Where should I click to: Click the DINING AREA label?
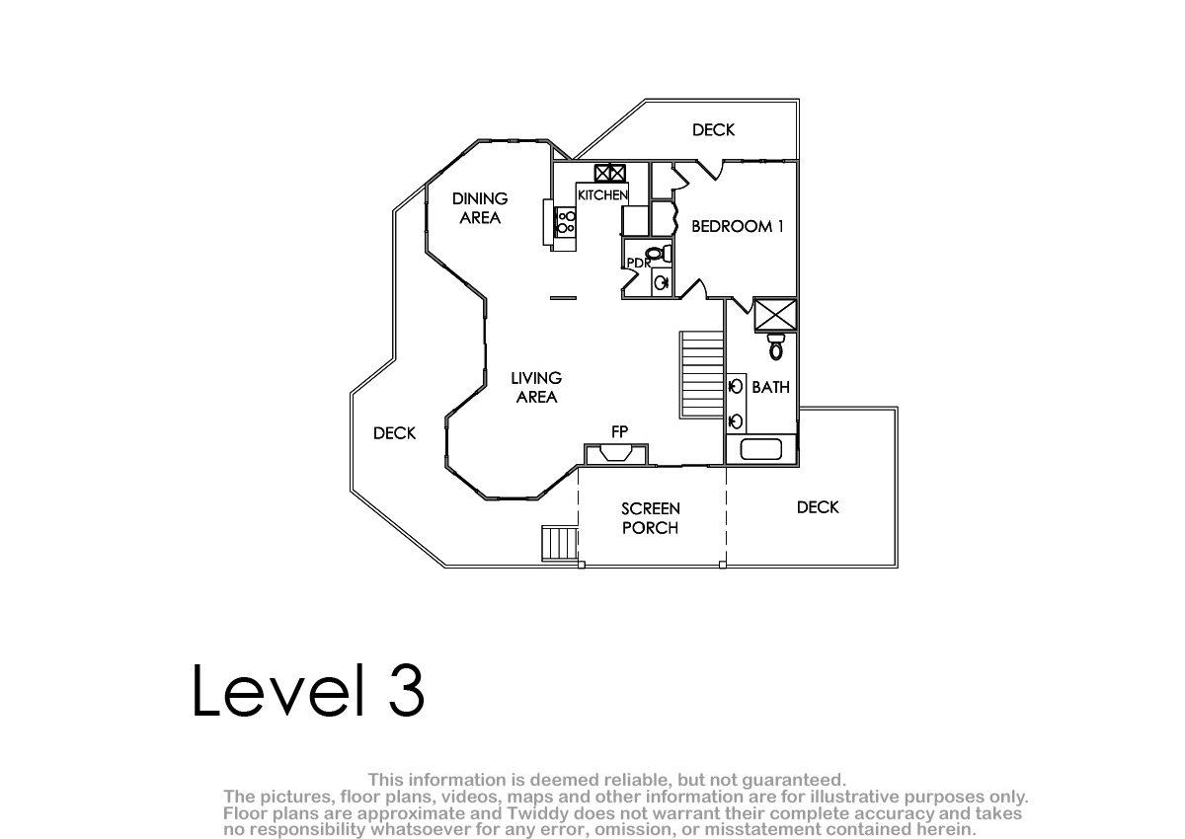coord(480,208)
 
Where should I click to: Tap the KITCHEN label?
coord(602,195)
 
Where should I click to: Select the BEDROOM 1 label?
coord(738,226)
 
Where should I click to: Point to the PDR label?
coord(639,263)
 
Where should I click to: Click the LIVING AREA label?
coord(536,388)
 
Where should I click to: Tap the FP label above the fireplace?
coord(619,432)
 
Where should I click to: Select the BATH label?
coord(771,388)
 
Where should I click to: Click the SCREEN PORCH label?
coord(650,518)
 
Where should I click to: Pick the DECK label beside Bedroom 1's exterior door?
coord(714,130)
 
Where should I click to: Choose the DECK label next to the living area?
coord(395,433)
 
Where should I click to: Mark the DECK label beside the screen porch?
coord(818,507)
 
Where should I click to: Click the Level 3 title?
coord(308,691)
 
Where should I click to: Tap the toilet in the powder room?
coord(660,255)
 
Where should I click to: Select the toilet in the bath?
coord(776,346)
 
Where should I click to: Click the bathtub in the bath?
coord(761,450)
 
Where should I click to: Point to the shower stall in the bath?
coord(775,315)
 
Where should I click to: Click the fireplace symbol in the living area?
coord(616,454)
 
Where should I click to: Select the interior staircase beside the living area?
coord(702,375)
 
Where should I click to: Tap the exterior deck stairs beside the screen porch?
coord(560,543)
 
